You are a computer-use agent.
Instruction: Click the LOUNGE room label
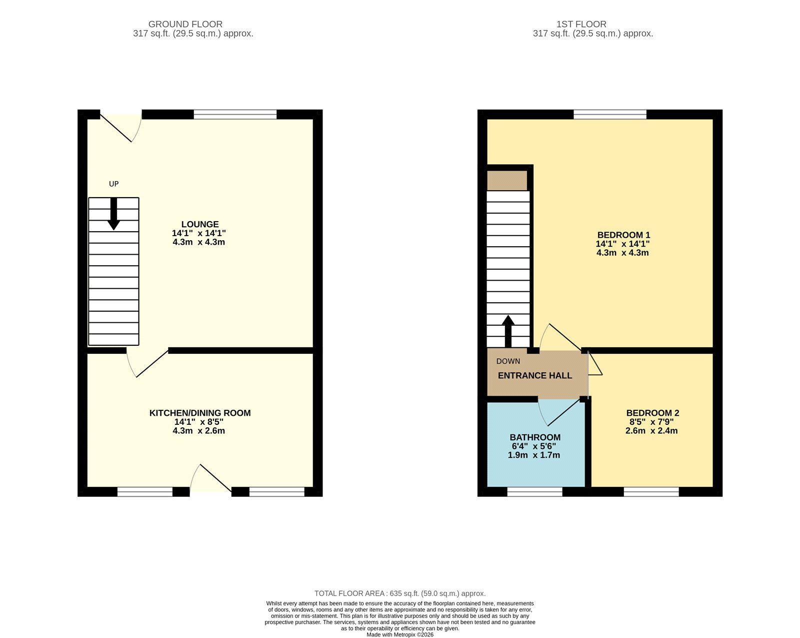pos(199,224)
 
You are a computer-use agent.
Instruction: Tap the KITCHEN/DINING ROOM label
pos(200,413)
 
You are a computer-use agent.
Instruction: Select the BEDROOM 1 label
pos(623,235)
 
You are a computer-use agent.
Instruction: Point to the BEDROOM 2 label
pos(652,413)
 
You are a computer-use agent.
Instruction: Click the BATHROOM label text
pos(535,437)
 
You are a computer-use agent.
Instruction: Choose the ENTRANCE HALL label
pos(535,376)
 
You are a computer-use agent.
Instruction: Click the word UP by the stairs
pos(114,184)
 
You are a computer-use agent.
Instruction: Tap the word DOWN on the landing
pos(508,361)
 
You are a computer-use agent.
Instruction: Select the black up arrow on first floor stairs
pos(508,330)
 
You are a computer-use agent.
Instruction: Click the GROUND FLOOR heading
pos(185,24)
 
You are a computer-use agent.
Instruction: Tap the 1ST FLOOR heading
pos(581,24)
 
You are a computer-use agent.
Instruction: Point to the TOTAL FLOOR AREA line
pos(400,593)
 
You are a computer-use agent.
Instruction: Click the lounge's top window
pos(235,115)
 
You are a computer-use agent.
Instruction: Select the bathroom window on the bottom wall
pos(534,492)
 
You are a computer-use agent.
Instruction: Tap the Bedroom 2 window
pos(651,492)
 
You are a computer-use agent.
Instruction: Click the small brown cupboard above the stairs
pos(507,181)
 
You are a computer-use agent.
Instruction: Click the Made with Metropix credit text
pos(400,634)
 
